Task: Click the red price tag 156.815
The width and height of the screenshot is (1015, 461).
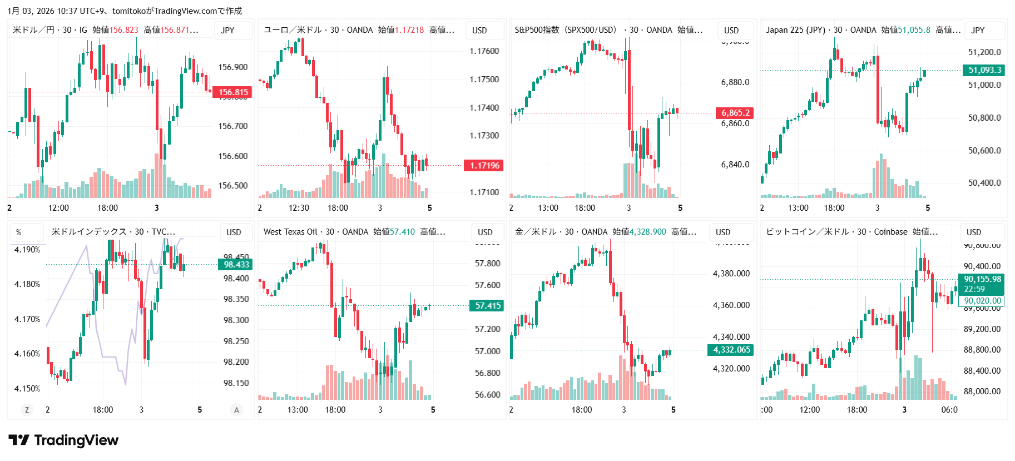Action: point(233,92)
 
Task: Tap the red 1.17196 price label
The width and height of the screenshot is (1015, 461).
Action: point(484,165)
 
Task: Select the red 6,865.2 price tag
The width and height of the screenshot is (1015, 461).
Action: point(735,113)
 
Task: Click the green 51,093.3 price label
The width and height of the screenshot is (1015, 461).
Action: point(984,70)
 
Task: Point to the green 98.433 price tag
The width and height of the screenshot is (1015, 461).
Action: point(236,265)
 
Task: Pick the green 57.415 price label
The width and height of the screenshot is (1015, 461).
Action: point(488,306)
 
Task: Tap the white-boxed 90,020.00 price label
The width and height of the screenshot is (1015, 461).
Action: point(982,301)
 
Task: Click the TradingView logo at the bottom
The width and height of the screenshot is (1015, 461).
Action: point(63,440)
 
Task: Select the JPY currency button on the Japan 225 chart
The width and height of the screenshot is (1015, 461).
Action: point(978,31)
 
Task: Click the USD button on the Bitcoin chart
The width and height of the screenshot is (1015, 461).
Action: point(974,232)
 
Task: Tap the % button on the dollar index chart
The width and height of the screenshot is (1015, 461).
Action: point(19,232)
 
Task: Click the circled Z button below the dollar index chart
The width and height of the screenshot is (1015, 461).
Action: point(27,410)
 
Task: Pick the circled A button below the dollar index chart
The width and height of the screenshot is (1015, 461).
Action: point(236,410)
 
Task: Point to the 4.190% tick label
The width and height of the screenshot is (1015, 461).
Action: point(27,250)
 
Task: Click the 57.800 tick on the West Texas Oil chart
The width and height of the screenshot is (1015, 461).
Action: point(487,264)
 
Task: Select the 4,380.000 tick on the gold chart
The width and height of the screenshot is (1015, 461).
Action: point(731,274)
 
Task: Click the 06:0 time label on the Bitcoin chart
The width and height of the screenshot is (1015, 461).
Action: point(949,410)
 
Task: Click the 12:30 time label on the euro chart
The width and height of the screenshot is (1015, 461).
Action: point(299,208)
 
